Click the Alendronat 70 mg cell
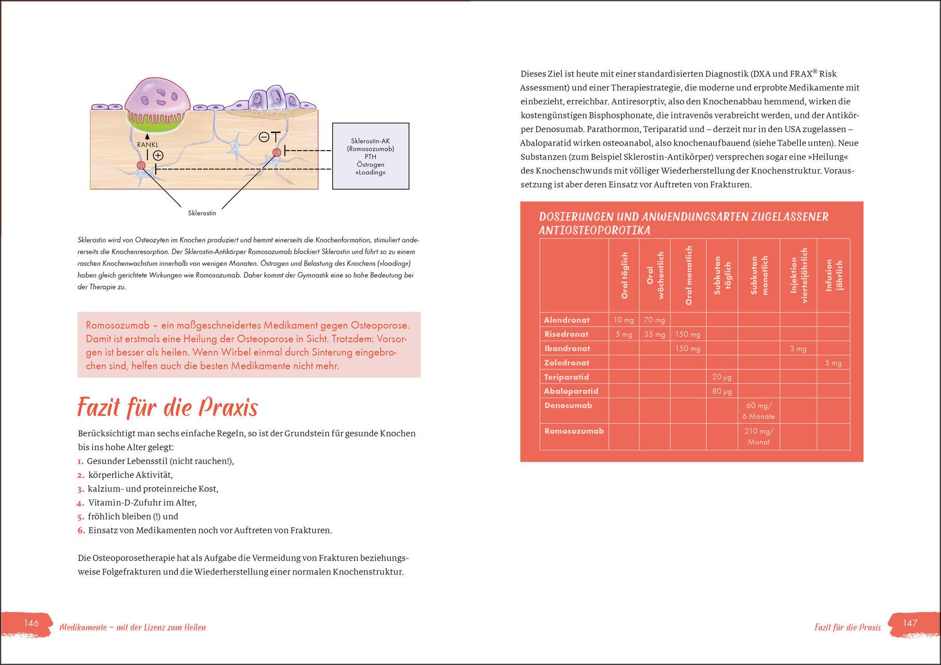[x=654, y=320]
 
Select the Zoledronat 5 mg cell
[x=833, y=363]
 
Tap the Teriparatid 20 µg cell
[x=721, y=377]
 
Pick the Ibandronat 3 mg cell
[x=798, y=349]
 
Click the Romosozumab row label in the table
[x=574, y=431]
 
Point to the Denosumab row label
[x=568, y=405]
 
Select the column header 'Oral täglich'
[x=624, y=275]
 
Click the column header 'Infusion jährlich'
[x=833, y=275]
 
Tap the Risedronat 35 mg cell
[x=654, y=335]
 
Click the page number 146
[x=32, y=623]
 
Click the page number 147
[x=910, y=623]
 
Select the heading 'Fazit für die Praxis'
[x=167, y=408]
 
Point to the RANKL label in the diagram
[x=147, y=145]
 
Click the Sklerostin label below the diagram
[x=202, y=213]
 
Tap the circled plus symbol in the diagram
[x=158, y=155]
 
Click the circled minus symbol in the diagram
[x=264, y=137]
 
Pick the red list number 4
[x=80, y=503]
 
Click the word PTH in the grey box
[x=370, y=156]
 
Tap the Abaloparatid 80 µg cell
[x=721, y=391]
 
